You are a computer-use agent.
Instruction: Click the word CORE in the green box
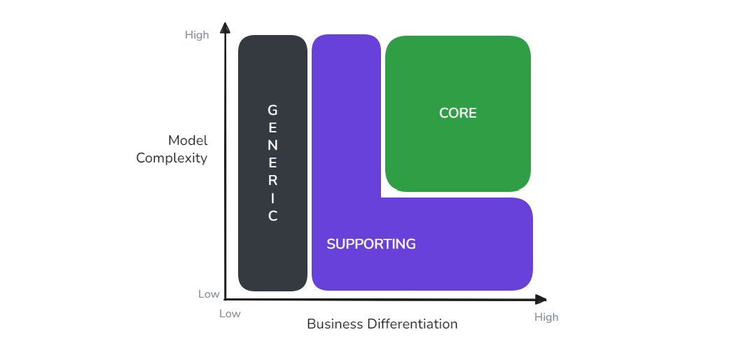[458, 113]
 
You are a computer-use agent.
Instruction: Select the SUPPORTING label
[371, 244]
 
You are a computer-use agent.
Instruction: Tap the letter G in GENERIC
[272, 111]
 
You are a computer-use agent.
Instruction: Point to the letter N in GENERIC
[272, 146]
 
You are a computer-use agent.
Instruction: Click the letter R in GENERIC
[272, 181]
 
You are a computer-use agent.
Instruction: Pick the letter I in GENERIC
[272, 198]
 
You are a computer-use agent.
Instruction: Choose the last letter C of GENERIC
[272, 216]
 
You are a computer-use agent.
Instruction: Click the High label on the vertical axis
[197, 35]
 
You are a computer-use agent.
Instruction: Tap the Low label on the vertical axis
[209, 294]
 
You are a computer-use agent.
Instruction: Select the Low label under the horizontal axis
[230, 314]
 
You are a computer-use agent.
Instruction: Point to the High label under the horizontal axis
[546, 317]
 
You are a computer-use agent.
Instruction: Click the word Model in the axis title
[188, 141]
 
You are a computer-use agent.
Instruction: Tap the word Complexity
[172, 158]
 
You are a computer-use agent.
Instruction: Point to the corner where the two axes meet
[226, 299]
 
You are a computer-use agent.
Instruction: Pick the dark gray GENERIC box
[272, 163]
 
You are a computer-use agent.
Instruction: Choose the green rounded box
[458, 114]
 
